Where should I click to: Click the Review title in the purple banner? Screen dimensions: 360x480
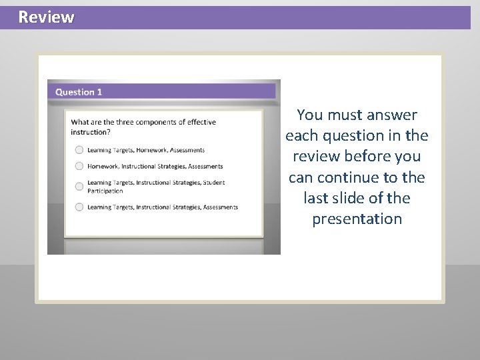(46, 17)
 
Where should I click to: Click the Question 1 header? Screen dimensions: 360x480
(79, 92)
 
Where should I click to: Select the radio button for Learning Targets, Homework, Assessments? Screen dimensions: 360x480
(79, 150)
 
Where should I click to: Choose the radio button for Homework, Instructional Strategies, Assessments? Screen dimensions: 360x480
(79, 166)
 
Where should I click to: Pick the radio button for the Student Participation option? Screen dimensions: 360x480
(79, 186)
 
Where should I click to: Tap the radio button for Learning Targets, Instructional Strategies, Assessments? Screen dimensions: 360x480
(79, 207)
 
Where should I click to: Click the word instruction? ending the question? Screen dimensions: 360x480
(91, 132)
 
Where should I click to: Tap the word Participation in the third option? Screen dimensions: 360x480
(105, 191)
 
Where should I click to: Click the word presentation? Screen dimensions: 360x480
(357, 219)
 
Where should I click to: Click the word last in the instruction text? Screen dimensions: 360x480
(317, 199)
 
